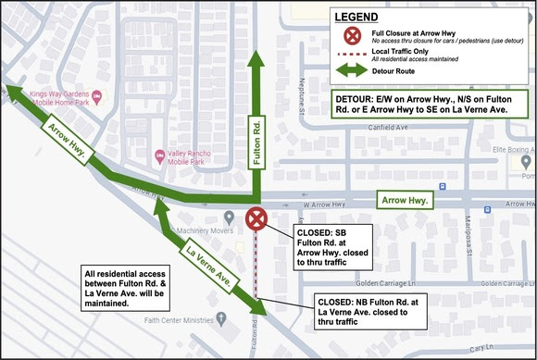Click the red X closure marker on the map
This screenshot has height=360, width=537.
point(256,219)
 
